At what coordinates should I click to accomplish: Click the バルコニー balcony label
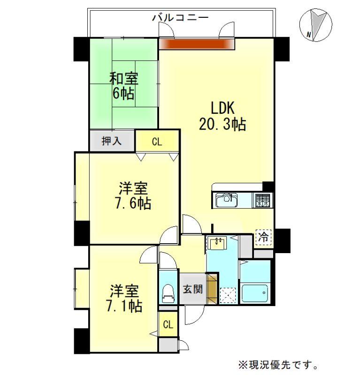(181, 17)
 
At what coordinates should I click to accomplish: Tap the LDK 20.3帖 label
(222, 116)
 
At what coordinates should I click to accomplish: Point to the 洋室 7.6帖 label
(133, 195)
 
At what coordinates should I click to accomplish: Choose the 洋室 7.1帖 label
(124, 298)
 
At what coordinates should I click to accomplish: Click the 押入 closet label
(112, 141)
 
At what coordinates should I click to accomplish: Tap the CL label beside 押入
(157, 142)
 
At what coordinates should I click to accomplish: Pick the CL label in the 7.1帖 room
(168, 324)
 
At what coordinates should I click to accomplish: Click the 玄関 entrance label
(193, 289)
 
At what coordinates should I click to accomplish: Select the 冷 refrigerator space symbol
(263, 237)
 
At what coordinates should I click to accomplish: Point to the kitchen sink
(226, 200)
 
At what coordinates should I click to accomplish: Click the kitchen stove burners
(262, 200)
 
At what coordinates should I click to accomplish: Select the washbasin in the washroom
(217, 243)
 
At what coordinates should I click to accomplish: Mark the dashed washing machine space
(228, 296)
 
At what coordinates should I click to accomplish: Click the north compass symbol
(316, 25)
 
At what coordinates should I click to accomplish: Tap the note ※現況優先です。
(278, 365)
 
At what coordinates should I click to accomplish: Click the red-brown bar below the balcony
(196, 44)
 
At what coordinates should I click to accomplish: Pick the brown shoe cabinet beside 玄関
(212, 289)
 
